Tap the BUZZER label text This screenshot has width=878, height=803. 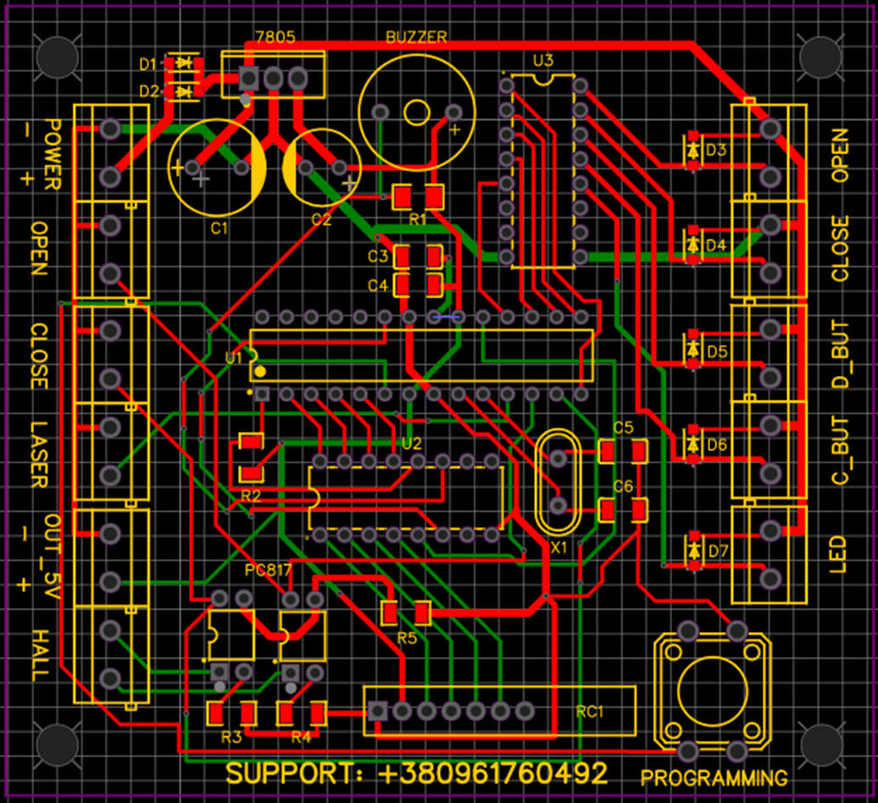tap(415, 37)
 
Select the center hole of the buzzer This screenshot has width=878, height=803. tap(416, 113)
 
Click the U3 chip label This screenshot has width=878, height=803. tap(543, 60)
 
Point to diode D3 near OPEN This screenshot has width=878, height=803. tap(694, 151)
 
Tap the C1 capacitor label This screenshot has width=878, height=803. tap(219, 228)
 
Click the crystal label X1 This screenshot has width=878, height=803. tap(558, 548)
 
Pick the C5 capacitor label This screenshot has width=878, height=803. tap(623, 428)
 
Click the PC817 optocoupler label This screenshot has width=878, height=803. tap(268, 569)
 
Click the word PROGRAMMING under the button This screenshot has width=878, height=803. tap(714, 778)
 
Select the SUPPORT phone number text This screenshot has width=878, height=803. tap(417, 773)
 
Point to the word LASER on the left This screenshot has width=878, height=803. tap(39, 454)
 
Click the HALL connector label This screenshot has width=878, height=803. tap(39, 655)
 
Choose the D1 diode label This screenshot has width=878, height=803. tap(148, 64)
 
